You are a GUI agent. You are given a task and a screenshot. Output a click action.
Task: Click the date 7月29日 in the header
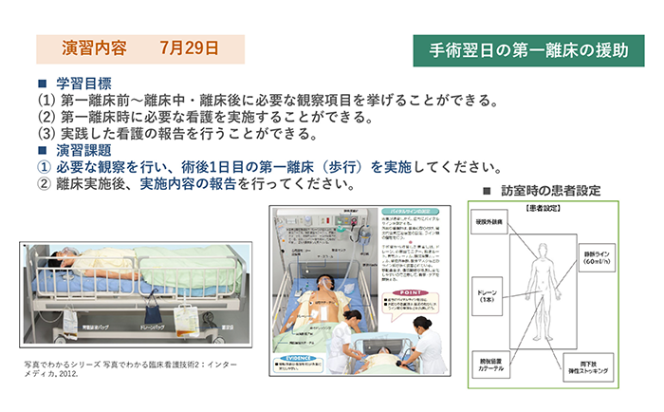pyautogui.click(x=189, y=47)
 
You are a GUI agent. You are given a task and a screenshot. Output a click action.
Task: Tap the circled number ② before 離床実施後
pyautogui.click(x=44, y=184)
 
